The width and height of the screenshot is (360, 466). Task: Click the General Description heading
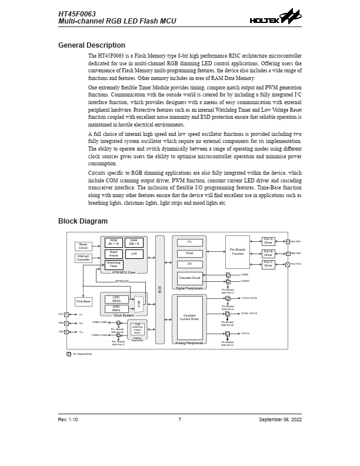tap(91, 45)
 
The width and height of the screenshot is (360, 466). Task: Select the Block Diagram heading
tap(82, 221)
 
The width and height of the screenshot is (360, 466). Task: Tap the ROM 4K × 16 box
tap(114, 242)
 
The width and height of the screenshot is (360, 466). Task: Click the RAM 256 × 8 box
tap(134, 242)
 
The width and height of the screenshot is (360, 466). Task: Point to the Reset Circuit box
tap(83, 246)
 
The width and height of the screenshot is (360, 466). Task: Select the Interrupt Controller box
tap(83, 258)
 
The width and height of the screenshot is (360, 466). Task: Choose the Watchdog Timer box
tap(114, 265)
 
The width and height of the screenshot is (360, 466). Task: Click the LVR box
tap(134, 254)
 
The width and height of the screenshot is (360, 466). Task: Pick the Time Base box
tap(83, 301)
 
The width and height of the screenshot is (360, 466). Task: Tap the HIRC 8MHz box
tap(116, 308)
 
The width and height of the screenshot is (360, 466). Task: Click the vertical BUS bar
tap(160, 289)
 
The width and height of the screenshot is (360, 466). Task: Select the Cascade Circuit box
tap(189, 278)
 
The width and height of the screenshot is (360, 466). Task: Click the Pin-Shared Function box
tap(237, 252)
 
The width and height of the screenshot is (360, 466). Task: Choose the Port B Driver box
tap(268, 253)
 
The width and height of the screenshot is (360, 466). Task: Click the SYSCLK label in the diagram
tap(122, 281)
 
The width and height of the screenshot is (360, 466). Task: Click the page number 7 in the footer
tap(179, 420)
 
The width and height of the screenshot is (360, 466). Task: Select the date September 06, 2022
tap(280, 420)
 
